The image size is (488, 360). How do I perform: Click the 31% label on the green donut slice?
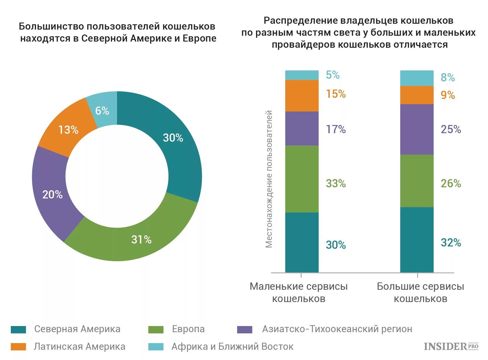pos(141,240)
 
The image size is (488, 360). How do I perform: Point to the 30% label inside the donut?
pos(173,138)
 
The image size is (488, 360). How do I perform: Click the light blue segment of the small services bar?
pos(302,75)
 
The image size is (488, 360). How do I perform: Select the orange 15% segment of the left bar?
pos(302,96)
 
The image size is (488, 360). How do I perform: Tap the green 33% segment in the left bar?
pos(302,179)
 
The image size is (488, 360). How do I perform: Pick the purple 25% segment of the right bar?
pos(417,129)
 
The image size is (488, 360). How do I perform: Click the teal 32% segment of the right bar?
pos(417,240)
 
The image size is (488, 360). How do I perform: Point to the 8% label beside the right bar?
pos(448,78)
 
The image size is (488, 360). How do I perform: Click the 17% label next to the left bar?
pos(336,129)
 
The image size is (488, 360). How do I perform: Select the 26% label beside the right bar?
pos(451,184)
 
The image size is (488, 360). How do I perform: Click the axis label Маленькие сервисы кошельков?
pos(299,292)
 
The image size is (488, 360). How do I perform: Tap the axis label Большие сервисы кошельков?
pos(420,292)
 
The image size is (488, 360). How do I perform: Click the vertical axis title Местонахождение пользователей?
pos(269,179)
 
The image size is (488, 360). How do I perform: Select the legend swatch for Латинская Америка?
pos(18,347)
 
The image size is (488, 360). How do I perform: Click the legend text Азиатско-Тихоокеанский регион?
pos(337,329)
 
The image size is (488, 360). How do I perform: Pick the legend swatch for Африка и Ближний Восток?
pos(156,347)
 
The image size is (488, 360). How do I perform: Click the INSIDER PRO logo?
pos(451,347)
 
